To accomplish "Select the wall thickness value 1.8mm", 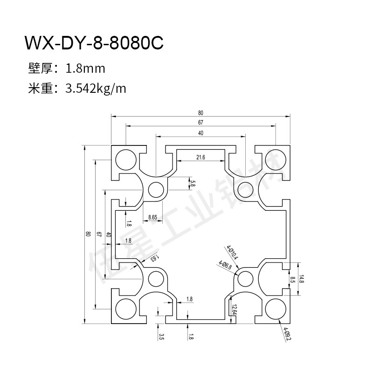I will tap(86, 69).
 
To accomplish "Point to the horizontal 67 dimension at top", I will tap(200, 123).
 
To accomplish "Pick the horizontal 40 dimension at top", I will tap(200, 133).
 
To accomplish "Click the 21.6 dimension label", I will tap(200, 158).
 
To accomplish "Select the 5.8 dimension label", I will tap(193, 184).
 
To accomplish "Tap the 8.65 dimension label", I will tap(152, 217).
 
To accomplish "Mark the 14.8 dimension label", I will tap(301, 279).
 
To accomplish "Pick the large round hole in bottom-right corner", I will tap(276, 309).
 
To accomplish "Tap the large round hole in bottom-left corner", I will tap(125, 309).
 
